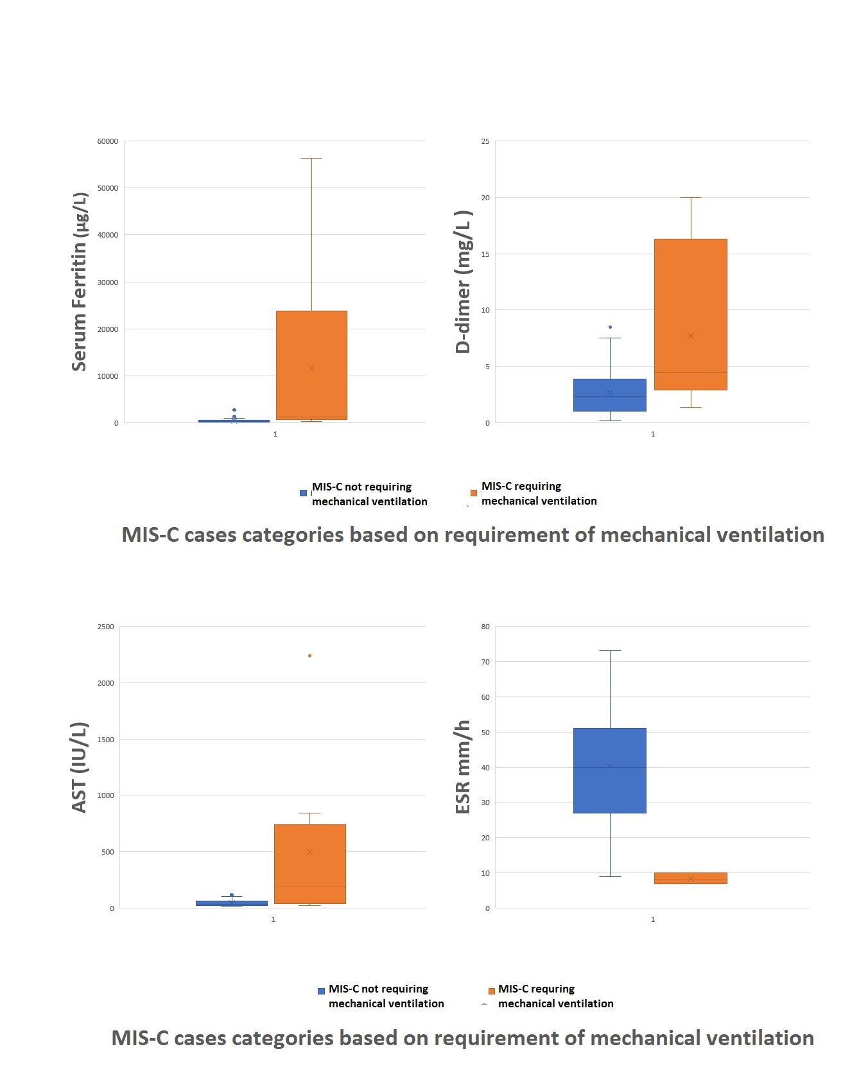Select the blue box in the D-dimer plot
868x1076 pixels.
click(609, 395)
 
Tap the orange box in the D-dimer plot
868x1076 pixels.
click(690, 314)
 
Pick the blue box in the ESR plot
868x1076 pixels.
click(609, 770)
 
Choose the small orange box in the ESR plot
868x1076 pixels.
click(690, 878)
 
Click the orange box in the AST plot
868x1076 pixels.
click(309, 863)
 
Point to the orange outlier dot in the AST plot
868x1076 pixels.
click(309, 655)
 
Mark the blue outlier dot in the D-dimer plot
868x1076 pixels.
click(610, 327)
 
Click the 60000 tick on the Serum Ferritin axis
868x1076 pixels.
click(108, 141)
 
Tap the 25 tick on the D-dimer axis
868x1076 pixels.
click(485, 141)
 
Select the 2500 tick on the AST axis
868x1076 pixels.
click(106, 627)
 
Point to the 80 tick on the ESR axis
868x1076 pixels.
click(485, 627)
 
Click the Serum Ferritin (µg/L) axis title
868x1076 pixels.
click(79, 281)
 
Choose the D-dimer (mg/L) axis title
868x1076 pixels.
click(463, 281)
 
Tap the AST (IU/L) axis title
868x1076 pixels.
click(79, 767)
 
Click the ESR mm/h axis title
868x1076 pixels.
click(463, 767)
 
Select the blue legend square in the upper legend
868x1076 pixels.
click(303, 493)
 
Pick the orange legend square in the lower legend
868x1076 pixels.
click(492, 991)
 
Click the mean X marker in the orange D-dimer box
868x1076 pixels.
click(691, 336)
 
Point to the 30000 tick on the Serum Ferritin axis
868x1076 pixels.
click(108, 282)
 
